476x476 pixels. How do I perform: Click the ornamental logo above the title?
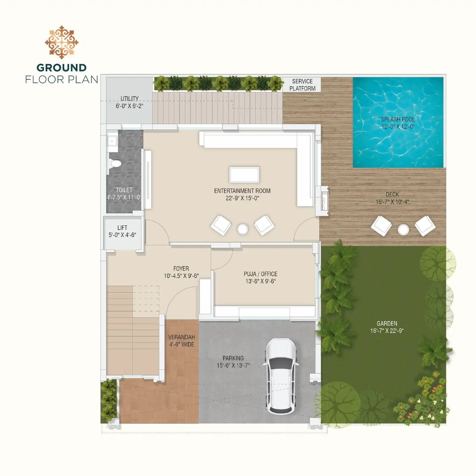point(62,42)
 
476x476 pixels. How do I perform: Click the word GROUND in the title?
point(62,68)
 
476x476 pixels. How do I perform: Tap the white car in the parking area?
point(281,376)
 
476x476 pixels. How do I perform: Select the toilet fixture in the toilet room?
point(115,163)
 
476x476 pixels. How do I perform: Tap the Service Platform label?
point(302,85)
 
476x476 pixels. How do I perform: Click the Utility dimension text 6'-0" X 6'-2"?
point(129,106)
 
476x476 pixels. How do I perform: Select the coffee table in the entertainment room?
point(244,175)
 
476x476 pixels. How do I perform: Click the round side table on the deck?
point(403,230)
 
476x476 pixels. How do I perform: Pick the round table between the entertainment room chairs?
point(243,229)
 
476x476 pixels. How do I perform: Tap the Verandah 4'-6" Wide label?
point(181,341)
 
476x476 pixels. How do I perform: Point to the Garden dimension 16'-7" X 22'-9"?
point(387,331)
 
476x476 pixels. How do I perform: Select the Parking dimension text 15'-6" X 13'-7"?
point(233,365)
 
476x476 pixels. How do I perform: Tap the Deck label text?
point(392,194)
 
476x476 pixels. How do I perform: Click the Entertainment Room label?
point(242,191)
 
